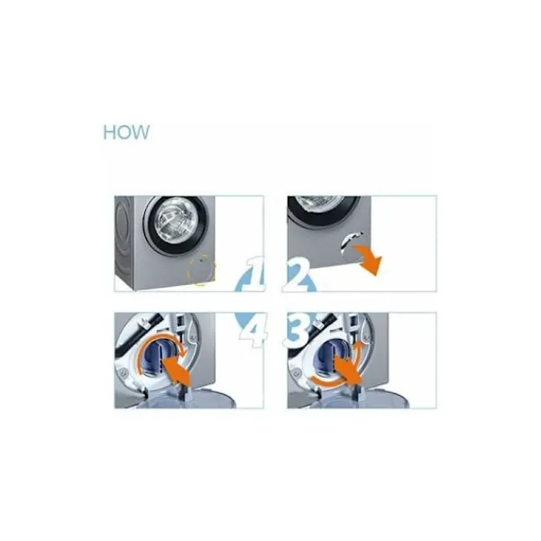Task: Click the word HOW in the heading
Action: [x=126, y=133]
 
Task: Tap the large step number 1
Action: [x=254, y=273]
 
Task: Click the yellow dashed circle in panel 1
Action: [x=201, y=270]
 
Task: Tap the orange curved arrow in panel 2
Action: [x=367, y=259]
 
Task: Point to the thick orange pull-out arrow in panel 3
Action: [x=347, y=371]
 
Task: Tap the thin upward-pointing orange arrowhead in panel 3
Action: [x=358, y=344]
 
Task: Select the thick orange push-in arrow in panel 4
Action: [x=177, y=371]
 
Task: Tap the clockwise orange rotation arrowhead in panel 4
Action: [x=183, y=352]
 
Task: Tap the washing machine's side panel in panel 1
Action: [x=124, y=243]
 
